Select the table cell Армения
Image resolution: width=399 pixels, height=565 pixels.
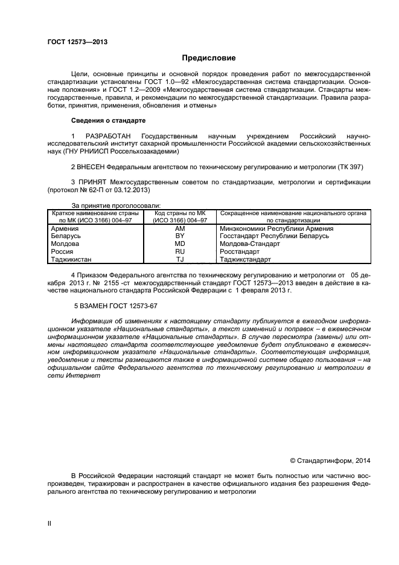(66, 229)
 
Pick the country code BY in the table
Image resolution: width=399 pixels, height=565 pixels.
(179, 236)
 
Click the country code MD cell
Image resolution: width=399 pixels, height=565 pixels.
(179, 244)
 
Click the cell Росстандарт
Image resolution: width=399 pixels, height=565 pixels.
(240, 251)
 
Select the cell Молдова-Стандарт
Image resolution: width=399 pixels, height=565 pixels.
(250, 244)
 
